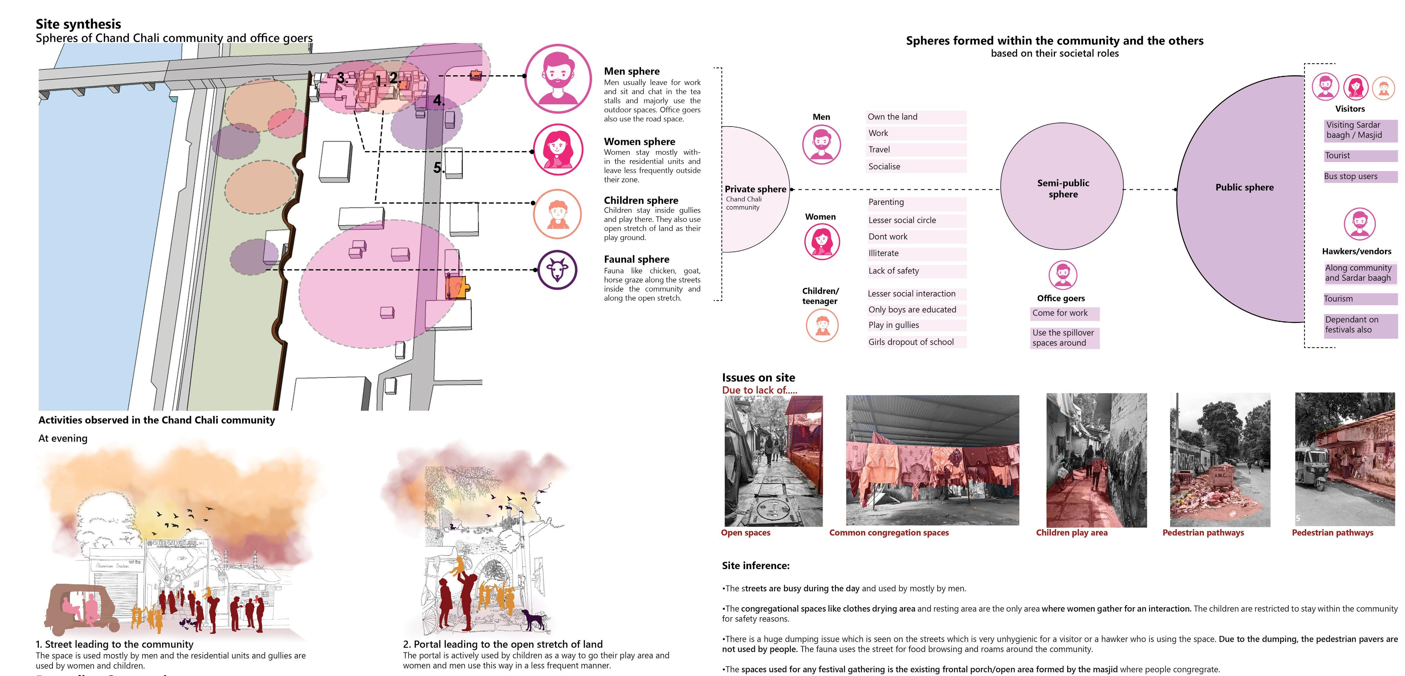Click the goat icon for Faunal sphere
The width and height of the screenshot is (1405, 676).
point(557,269)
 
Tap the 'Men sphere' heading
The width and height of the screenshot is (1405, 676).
point(632,71)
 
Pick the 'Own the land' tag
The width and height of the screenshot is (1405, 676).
point(893,117)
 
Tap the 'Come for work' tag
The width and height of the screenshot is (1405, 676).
point(1060,313)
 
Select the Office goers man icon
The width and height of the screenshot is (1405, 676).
point(1062,275)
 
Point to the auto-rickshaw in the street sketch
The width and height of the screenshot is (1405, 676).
point(82,608)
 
